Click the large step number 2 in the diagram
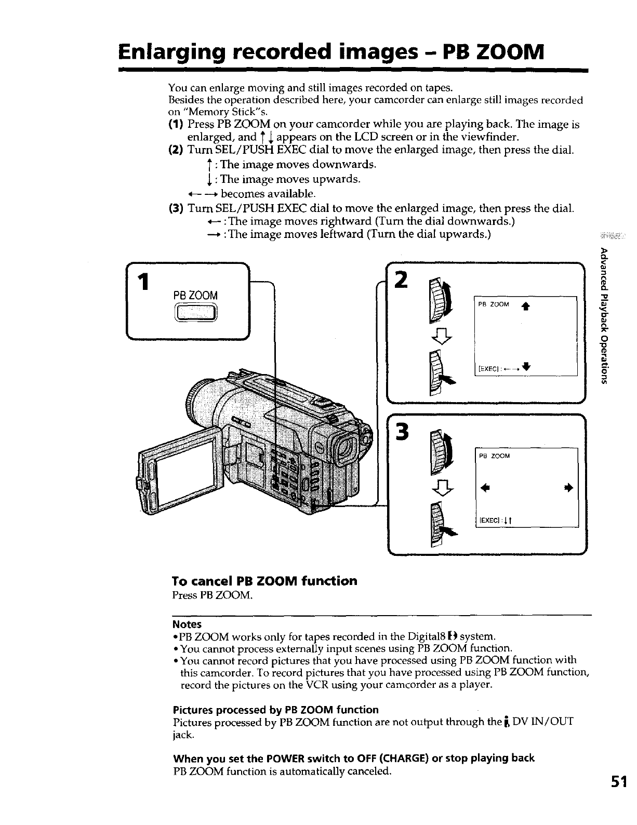401,281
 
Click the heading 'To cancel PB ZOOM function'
264,580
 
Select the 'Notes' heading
187,624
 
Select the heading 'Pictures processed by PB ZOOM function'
275,710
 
